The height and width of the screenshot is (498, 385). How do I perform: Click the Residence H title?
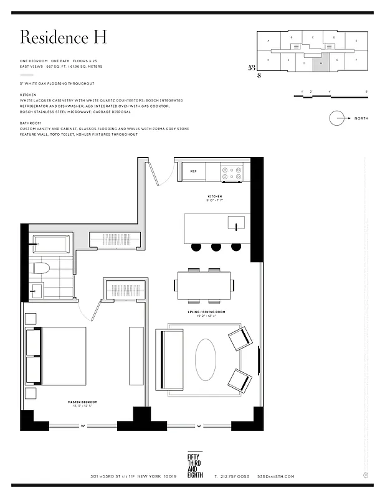63,37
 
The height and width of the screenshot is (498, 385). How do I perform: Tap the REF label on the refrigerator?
193,171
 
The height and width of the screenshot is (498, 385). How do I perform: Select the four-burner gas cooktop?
232,172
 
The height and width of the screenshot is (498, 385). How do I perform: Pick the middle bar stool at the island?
216,247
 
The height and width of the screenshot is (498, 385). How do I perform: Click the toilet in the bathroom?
39,269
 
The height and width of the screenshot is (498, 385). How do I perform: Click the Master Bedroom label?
82,402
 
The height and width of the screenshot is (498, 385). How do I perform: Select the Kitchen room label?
214,196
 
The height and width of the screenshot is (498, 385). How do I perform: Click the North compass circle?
337,118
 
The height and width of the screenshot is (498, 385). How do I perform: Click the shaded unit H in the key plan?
320,61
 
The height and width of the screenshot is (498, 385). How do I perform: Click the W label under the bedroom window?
82,426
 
